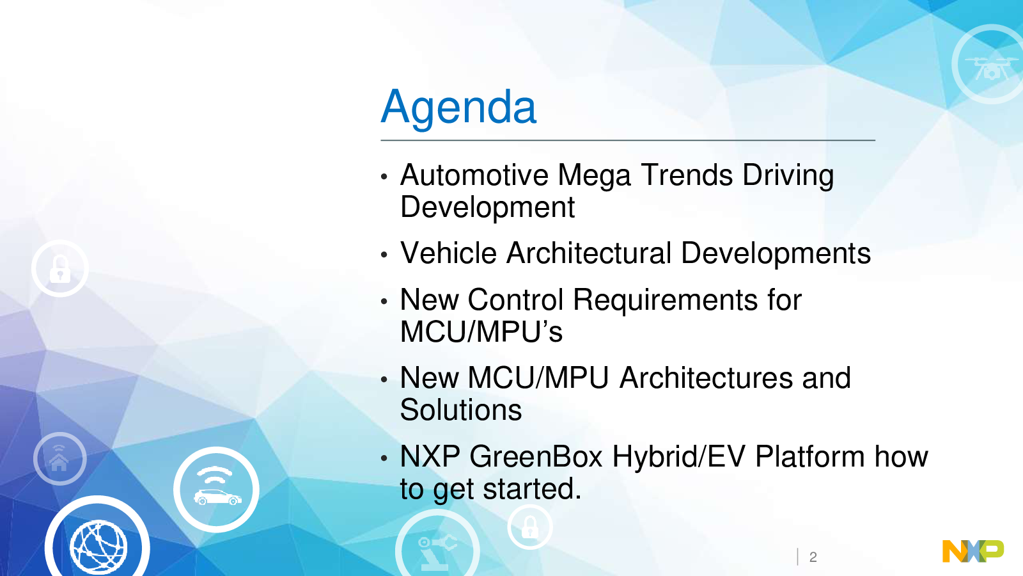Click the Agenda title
(x=458, y=108)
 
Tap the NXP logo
(x=972, y=551)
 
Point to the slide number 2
(x=813, y=557)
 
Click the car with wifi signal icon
(x=217, y=490)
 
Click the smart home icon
(x=60, y=458)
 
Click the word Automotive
(x=474, y=175)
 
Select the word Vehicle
(x=448, y=253)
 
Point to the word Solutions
(x=461, y=410)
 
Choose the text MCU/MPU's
(x=481, y=332)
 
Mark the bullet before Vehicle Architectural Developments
(x=384, y=255)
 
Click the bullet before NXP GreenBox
(x=384, y=458)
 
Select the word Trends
(x=687, y=175)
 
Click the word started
(x=533, y=489)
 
